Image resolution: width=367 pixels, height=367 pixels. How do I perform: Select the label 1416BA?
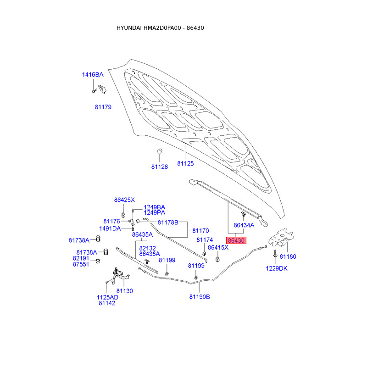[93, 74]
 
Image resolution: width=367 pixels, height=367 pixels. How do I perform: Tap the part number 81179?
[103, 107]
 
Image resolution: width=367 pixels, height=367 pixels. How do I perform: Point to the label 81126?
[160, 167]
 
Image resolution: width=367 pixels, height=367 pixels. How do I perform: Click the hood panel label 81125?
[186, 163]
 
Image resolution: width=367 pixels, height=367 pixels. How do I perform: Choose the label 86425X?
[124, 200]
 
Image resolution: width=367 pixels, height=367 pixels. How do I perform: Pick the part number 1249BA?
[155, 207]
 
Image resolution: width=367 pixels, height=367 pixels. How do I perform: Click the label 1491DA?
[110, 228]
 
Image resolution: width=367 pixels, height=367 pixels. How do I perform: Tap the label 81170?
[200, 231]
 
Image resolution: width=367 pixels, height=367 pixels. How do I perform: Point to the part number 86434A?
[244, 225]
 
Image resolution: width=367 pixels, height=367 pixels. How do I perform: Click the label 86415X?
[218, 247]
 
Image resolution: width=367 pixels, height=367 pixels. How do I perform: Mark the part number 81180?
[288, 256]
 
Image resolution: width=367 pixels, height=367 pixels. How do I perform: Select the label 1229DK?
[277, 268]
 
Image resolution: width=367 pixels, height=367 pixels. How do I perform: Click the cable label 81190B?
[200, 297]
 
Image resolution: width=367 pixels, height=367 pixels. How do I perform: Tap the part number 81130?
[124, 291]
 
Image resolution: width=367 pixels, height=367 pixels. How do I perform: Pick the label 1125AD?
[107, 297]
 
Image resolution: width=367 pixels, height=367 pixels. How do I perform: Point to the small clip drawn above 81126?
[160, 152]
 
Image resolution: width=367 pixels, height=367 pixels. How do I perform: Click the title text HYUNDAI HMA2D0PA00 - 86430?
[160, 28]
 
